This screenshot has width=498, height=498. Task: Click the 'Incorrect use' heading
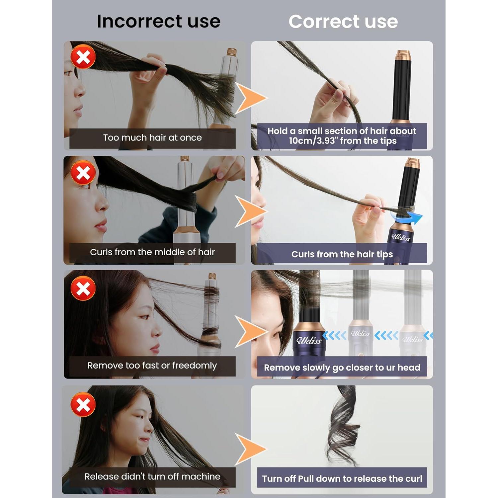pos(159,21)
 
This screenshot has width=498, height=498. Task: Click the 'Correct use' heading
pos(343,22)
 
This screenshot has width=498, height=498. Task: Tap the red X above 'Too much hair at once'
pos(83,57)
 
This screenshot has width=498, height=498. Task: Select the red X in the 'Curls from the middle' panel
pos(83,173)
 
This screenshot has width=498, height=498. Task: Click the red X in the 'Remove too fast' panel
pos(83,288)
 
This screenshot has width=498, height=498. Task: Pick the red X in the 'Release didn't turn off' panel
pos(83,404)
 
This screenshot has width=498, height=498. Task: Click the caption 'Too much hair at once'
pos(152,137)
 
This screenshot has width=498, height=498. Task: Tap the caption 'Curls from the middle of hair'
pos(152,252)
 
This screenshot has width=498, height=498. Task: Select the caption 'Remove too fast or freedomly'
pos(152,366)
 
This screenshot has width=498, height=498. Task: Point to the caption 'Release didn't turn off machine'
pos(152,476)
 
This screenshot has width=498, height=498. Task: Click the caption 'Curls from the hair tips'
pos(342,254)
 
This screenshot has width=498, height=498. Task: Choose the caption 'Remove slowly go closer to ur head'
pos(342,368)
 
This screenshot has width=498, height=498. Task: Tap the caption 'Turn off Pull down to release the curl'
pos(342,478)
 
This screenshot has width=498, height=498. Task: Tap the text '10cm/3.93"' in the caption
pos(312,141)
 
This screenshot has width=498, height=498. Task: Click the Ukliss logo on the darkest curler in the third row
pos(309,340)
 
